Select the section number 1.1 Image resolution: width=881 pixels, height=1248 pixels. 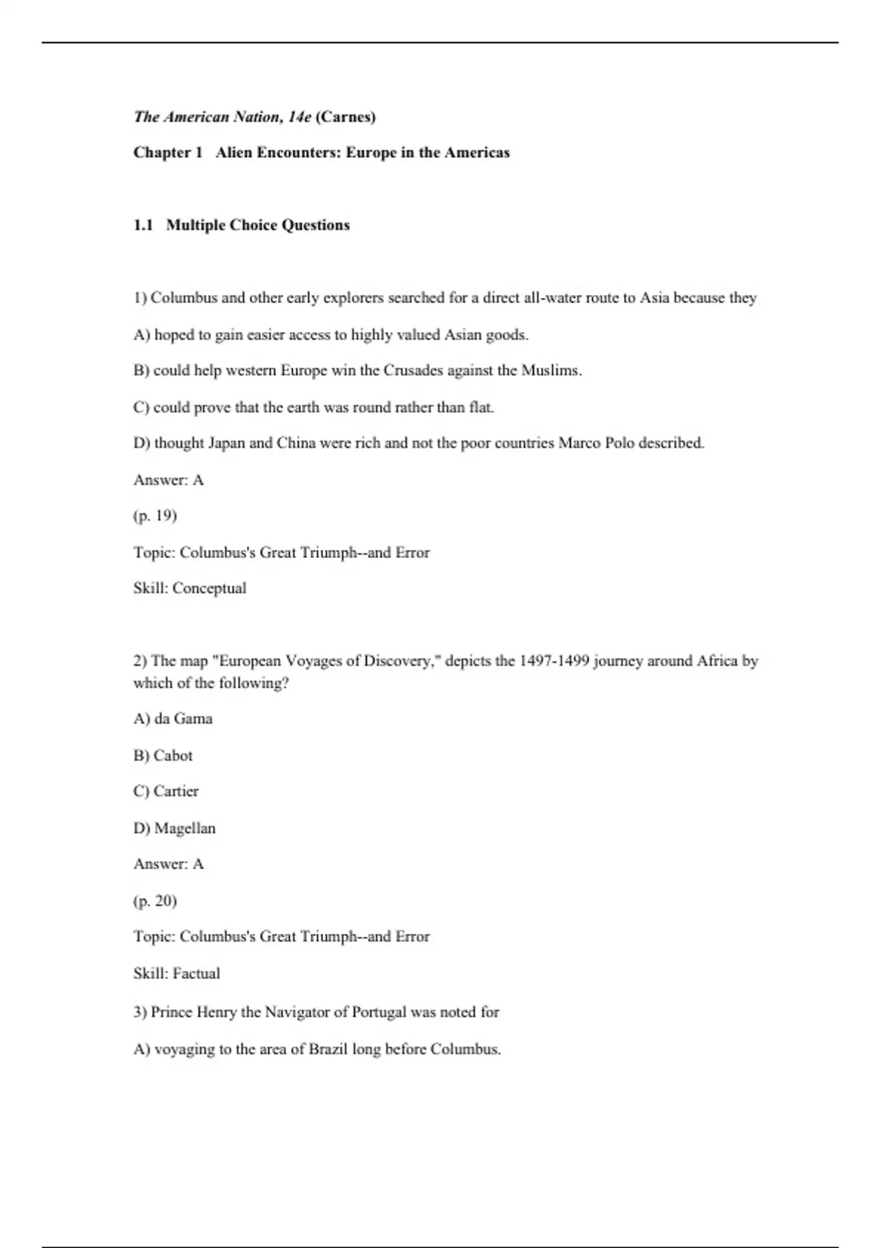[143, 225]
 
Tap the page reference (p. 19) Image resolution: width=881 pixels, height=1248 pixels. [155, 515]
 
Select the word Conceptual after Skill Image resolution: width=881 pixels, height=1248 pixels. [209, 588]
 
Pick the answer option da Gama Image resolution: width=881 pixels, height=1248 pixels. [183, 719]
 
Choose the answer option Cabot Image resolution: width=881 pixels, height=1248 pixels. [173, 755]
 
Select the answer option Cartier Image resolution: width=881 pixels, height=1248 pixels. [175, 791]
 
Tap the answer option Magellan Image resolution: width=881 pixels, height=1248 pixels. [184, 828]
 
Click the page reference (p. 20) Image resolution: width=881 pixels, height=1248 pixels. [155, 901]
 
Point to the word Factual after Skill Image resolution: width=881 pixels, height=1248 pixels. [196, 973]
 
